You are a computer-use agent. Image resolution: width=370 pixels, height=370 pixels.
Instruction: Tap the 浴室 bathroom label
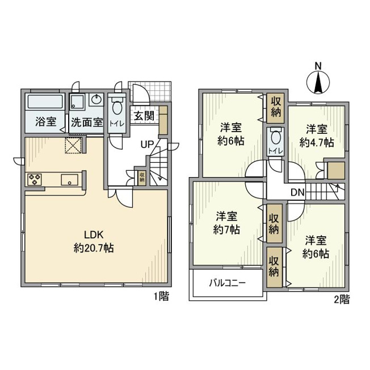(x=45, y=122)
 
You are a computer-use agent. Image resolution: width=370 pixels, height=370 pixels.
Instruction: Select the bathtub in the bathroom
(x=45, y=102)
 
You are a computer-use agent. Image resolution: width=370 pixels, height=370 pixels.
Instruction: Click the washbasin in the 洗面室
(x=96, y=99)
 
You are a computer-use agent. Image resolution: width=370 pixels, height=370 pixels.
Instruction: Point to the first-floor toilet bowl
(x=117, y=108)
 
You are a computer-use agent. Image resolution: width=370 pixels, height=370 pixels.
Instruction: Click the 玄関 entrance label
(x=144, y=116)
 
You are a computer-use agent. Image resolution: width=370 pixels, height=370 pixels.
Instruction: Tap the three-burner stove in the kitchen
(x=35, y=179)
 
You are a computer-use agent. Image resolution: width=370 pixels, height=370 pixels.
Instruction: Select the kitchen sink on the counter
(x=69, y=180)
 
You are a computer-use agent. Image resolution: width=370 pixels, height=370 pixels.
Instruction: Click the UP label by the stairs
(x=147, y=144)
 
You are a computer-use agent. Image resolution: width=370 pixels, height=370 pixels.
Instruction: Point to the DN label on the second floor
(x=298, y=192)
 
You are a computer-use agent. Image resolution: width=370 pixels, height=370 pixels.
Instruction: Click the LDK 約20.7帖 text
(x=94, y=241)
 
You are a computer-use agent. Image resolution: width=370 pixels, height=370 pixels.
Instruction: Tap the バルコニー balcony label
(x=228, y=283)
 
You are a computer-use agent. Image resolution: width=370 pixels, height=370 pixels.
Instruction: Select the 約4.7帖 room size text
(x=317, y=142)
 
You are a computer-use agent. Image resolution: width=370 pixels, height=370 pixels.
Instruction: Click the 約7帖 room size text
(x=226, y=229)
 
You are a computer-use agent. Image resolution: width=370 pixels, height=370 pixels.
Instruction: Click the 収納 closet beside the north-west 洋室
(x=275, y=108)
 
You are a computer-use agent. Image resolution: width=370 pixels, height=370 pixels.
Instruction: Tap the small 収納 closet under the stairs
(x=142, y=178)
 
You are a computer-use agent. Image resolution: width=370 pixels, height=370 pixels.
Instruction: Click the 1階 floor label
(x=161, y=296)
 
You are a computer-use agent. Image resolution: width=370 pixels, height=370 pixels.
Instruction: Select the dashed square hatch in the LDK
(x=73, y=145)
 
